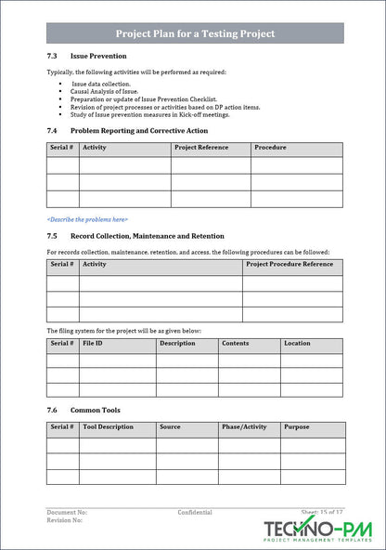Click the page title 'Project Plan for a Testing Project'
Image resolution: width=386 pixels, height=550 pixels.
(x=195, y=33)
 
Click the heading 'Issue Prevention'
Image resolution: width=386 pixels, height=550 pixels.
(x=98, y=56)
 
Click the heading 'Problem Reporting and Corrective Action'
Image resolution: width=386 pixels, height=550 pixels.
(x=146, y=131)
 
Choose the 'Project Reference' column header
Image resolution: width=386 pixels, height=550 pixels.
(x=200, y=148)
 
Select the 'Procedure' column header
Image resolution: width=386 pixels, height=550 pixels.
(x=270, y=148)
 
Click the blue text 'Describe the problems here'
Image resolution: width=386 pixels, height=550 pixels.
(x=87, y=219)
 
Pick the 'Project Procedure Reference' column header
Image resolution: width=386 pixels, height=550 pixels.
(x=289, y=265)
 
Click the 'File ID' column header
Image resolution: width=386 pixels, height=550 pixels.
(x=93, y=344)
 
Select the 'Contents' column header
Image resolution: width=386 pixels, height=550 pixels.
(x=235, y=344)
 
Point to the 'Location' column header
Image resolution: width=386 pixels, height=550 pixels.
(x=297, y=344)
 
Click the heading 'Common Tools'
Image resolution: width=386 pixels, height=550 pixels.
(x=95, y=410)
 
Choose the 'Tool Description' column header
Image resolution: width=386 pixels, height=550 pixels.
(x=109, y=427)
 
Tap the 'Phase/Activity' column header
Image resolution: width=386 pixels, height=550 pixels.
(x=244, y=427)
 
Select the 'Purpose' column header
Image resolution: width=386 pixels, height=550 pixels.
(x=297, y=427)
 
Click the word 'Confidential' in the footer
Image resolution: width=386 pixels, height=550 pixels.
(x=196, y=512)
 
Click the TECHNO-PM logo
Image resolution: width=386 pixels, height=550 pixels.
(x=316, y=531)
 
